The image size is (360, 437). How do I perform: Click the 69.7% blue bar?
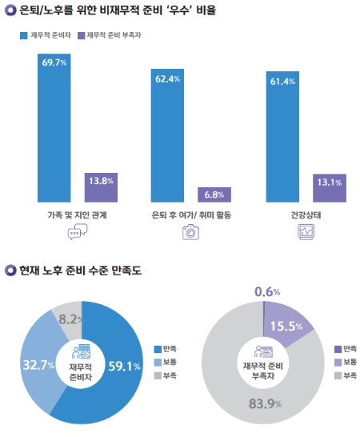pos(54,128)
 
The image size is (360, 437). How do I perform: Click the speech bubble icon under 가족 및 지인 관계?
pos(78,232)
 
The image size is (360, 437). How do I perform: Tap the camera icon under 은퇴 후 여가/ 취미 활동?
pos(190,232)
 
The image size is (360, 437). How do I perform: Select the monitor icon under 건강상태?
pos(306,232)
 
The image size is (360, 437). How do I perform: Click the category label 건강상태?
pos(306,214)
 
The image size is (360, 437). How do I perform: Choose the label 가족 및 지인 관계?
pos(78,214)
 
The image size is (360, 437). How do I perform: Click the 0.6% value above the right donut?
pos(266,291)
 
